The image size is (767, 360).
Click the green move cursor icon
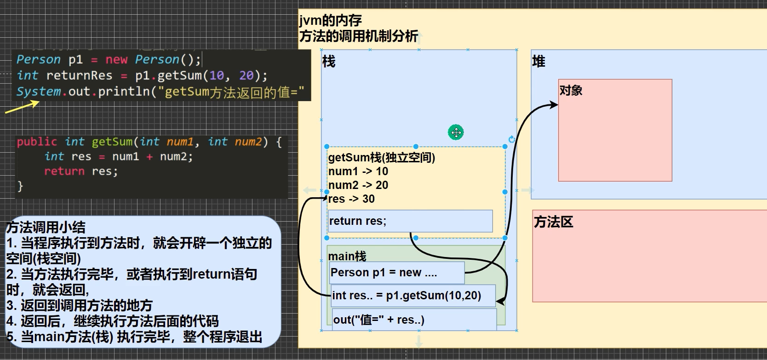coord(456,132)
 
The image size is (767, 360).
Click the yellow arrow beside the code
coord(22,107)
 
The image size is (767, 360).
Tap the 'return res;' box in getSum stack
coord(410,221)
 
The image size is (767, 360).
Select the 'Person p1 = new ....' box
coord(397,273)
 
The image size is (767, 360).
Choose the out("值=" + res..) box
coord(414,320)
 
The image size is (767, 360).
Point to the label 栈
coord(329,61)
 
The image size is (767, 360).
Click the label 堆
coord(538,61)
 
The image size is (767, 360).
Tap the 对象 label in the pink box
coord(571,90)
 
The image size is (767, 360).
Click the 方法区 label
coord(553,222)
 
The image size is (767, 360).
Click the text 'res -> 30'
coord(351,199)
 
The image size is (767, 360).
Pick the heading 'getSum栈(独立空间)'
coord(381,158)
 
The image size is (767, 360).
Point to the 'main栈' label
coord(347,256)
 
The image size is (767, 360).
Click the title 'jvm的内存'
coord(330,21)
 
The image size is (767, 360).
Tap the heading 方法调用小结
coord(46,227)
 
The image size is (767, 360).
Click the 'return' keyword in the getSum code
coord(64,171)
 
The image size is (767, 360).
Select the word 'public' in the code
coord(37,142)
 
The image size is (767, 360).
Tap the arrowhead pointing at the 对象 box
coord(555,105)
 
